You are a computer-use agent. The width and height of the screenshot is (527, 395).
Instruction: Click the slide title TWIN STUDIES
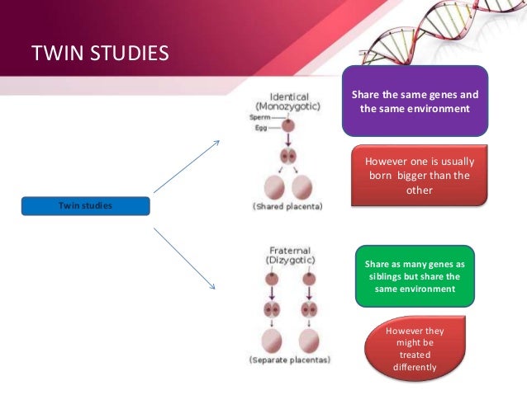click(x=99, y=55)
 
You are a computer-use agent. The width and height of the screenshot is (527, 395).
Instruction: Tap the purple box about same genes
click(x=415, y=101)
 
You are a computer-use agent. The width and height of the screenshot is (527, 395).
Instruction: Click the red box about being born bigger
click(x=419, y=174)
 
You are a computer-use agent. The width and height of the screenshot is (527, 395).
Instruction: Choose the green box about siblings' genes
click(x=414, y=276)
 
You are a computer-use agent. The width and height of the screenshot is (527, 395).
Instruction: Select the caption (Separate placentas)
click(x=289, y=360)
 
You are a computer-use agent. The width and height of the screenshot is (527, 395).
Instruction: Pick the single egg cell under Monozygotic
click(x=288, y=127)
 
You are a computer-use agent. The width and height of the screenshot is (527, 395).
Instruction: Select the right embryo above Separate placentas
click(x=309, y=340)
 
